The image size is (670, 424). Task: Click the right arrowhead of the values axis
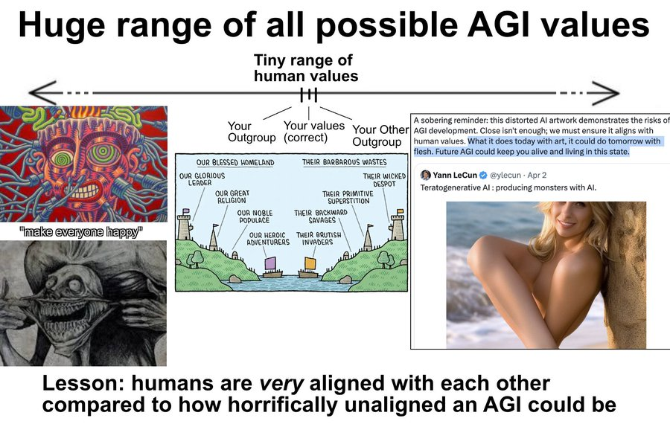[x=606, y=92]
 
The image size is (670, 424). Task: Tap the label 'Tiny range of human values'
[x=305, y=68]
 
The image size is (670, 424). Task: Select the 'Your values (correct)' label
[x=313, y=132]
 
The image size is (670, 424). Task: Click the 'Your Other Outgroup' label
[x=380, y=135]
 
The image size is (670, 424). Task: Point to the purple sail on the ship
[x=271, y=263]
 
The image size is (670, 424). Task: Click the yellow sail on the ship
[x=310, y=263]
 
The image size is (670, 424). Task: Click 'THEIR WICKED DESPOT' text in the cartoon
[x=383, y=180]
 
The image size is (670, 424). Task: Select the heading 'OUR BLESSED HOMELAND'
[x=235, y=162]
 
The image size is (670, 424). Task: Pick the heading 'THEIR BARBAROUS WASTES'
[x=344, y=162]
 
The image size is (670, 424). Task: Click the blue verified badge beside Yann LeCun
[x=483, y=175]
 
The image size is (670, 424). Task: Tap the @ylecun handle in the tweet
[x=506, y=175]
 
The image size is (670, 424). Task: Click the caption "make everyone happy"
[x=80, y=232]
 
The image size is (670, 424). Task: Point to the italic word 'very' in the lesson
[x=281, y=383]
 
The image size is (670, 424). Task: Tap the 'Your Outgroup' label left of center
[x=252, y=132]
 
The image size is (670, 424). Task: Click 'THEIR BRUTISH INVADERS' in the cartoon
[x=319, y=238]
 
